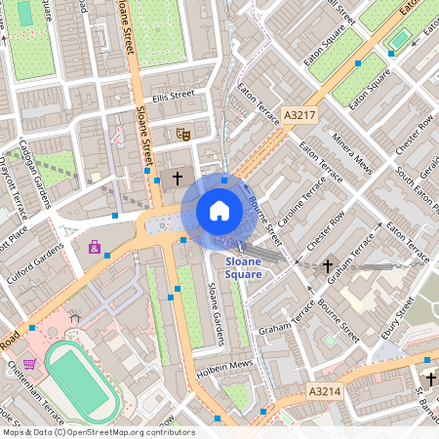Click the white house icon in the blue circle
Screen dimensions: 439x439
219,210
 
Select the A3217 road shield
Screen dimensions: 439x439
299,115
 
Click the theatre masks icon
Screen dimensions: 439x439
181,134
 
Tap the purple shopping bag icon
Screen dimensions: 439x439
95,247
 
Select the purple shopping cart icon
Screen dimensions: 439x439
30,363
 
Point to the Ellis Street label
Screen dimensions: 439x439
174,95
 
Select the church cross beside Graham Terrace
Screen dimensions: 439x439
328,265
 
